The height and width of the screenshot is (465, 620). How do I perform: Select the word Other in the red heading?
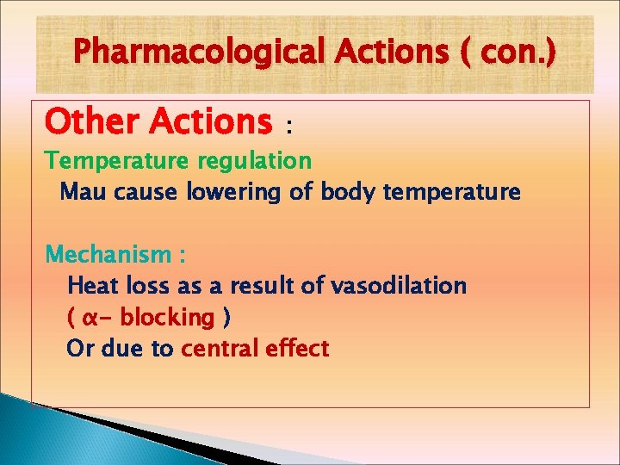[x=92, y=121]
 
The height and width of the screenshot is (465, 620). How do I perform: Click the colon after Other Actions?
[x=289, y=127]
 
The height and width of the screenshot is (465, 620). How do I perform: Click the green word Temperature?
[x=118, y=160]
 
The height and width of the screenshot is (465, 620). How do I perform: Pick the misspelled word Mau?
[x=82, y=192]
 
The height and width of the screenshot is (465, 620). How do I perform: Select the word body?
[x=348, y=192]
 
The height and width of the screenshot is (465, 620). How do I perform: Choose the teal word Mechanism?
[x=108, y=255]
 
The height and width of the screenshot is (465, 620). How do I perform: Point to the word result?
[x=254, y=286]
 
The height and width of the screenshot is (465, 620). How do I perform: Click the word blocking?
[x=167, y=318]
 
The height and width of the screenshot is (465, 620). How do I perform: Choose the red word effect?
[x=296, y=349]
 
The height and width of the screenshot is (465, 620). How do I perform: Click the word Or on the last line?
[x=80, y=349]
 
